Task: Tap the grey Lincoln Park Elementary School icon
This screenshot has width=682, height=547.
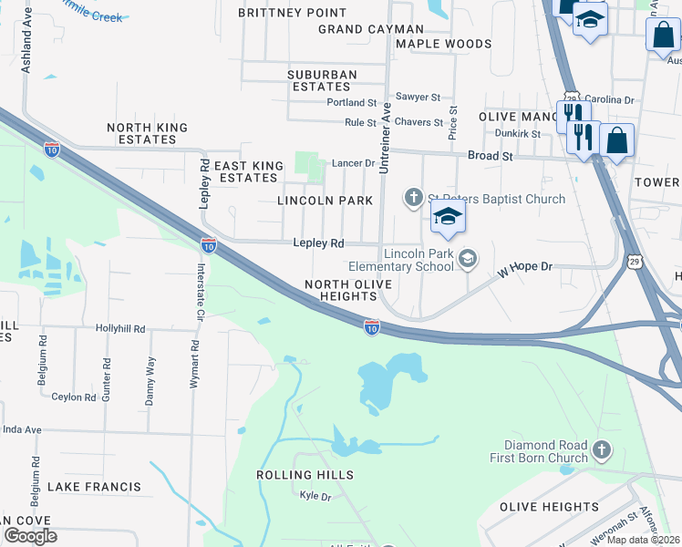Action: click(468, 260)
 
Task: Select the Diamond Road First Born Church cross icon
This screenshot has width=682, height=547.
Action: click(601, 449)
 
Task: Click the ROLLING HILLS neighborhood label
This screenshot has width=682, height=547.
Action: click(305, 476)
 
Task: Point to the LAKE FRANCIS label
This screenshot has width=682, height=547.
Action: click(94, 488)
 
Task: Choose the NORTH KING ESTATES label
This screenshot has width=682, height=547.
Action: click(148, 134)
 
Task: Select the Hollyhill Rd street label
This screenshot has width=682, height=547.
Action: click(120, 327)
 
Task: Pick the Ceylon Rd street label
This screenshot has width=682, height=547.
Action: click(74, 397)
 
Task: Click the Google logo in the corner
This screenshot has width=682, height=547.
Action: click(30, 535)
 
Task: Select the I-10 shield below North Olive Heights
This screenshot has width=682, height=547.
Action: click(371, 325)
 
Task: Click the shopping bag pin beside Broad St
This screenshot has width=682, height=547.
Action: click(617, 141)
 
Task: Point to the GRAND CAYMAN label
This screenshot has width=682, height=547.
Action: click(358, 29)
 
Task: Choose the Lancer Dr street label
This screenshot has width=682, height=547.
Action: click(353, 163)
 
